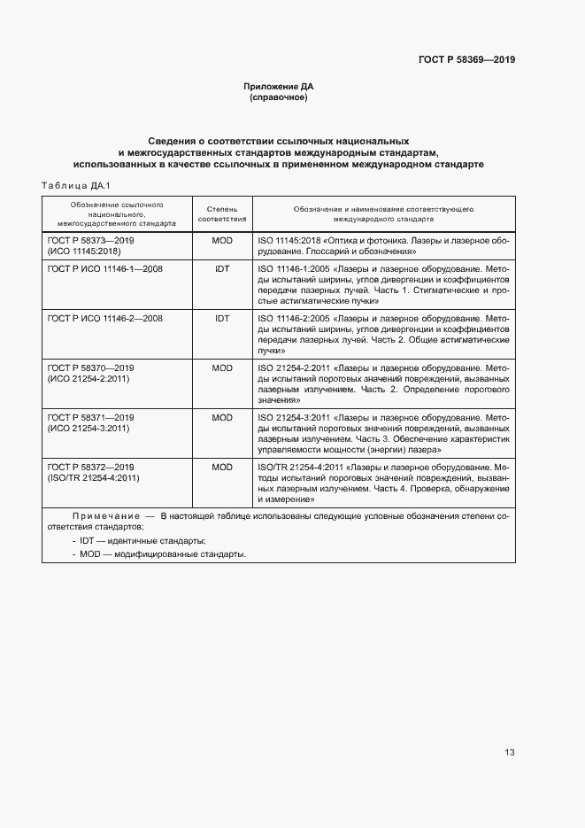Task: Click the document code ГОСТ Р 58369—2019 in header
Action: click(466, 60)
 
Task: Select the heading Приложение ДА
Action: click(279, 87)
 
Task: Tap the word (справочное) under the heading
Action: click(279, 97)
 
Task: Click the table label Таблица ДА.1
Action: click(75, 185)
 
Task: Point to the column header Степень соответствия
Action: click(222, 212)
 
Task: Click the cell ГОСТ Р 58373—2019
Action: click(89, 240)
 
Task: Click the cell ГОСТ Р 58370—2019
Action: click(89, 367)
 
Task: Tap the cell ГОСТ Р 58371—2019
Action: click(89, 416)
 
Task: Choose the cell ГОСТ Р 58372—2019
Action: click(89, 467)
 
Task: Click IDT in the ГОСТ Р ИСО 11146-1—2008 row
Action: click(222, 267)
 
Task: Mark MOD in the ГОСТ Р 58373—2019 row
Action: click(222, 240)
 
